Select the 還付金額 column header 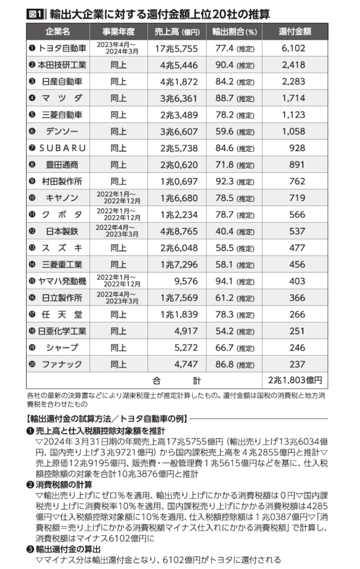point(295,31)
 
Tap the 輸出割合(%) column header point(234,31)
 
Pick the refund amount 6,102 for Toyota point(294,48)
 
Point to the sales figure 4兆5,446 point(179,66)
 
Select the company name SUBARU point(62,148)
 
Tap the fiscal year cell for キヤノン point(118,198)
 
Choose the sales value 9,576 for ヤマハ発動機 point(186,281)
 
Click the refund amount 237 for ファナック point(297,364)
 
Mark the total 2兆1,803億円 point(295,380)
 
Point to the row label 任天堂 point(62,314)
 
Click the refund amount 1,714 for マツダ point(294,98)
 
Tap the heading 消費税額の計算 point(64,484)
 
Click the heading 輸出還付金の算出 point(68,549)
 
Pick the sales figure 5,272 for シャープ point(186,348)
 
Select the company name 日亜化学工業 point(62,331)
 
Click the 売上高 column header point(177,31)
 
